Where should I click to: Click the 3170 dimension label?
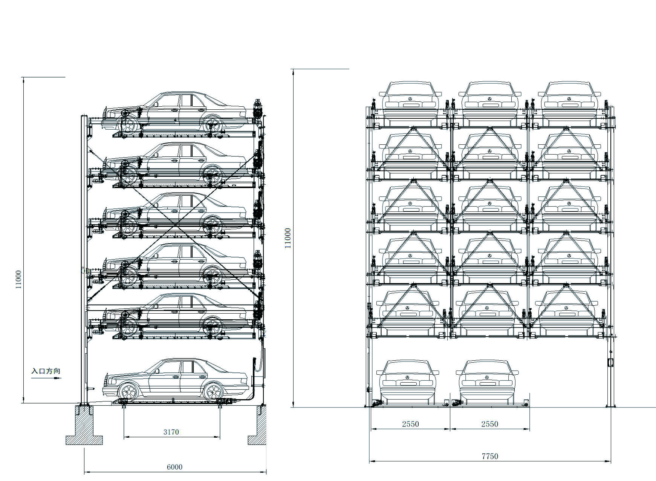tap(171, 432)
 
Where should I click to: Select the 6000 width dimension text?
tap(174, 467)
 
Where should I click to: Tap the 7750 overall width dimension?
tap(490, 456)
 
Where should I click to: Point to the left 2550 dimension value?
tap(410, 424)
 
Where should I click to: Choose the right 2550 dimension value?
tap(490, 424)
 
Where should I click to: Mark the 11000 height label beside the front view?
tap(288, 238)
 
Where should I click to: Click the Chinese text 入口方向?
tap(46, 371)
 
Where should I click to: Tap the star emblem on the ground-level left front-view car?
tap(407, 377)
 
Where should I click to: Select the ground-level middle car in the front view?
tap(488, 381)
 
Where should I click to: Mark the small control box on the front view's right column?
tap(610, 363)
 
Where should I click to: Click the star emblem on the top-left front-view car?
tap(410, 99)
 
